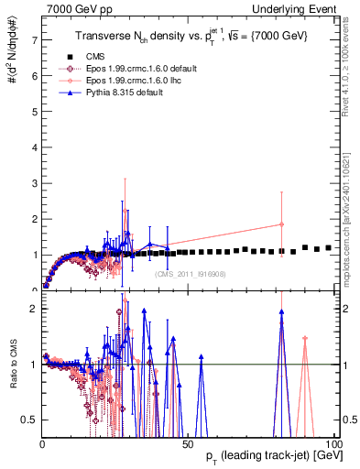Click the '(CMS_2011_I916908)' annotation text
click(190, 272)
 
